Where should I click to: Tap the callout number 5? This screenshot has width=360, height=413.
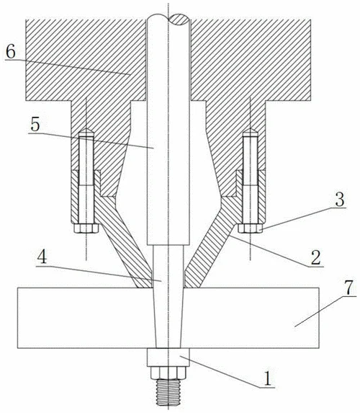(35, 124)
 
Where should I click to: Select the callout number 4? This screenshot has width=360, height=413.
(42, 257)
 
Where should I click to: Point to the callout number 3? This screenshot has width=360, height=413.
(340, 200)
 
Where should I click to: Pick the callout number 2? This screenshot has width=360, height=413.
(316, 257)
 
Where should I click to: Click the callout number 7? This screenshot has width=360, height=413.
(349, 288)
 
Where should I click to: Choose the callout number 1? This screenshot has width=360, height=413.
(267, 378)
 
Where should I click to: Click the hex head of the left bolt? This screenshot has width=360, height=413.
(86, 228)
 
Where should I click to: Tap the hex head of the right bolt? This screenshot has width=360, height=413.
(251, 228)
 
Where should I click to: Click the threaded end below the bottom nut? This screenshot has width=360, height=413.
(168, 392)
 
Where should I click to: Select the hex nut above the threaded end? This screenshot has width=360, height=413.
(168, 373)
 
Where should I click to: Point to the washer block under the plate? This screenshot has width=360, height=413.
(168, 358)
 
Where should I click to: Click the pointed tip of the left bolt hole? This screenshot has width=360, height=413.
(86, 128)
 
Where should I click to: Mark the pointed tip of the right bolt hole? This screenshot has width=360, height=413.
(251, 128)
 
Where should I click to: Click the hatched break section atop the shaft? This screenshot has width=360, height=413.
(179, 19)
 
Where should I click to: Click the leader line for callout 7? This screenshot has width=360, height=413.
(325, 311)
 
